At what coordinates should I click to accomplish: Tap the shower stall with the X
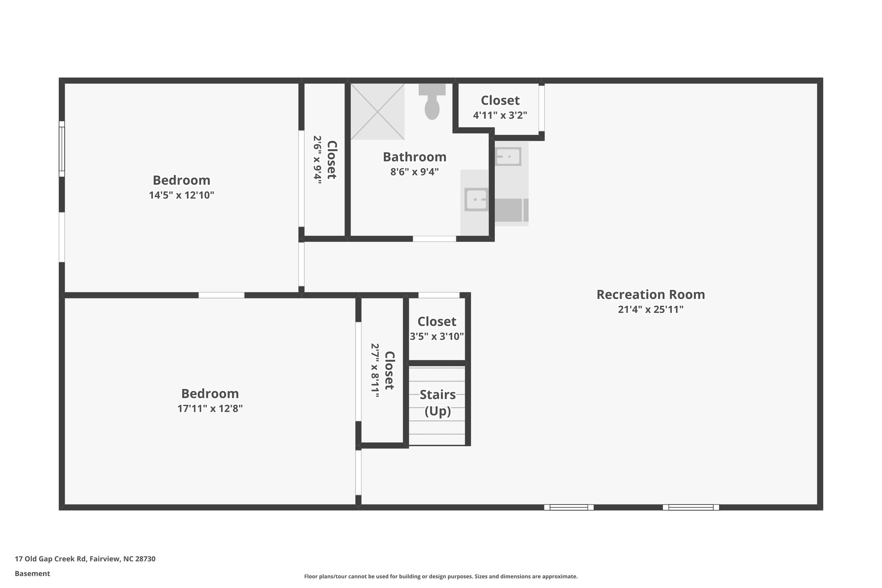coord(377,112)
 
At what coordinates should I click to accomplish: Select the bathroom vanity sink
coord(475,200)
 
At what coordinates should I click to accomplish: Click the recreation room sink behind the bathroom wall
coord(508,156)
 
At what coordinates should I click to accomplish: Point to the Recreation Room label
coord(650,295)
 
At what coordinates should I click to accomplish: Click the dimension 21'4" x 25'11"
coord(650,309)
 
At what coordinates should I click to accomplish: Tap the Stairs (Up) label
coord(438,402)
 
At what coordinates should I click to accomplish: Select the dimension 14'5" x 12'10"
coord(181,195)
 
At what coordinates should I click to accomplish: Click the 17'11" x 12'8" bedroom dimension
coord(210,408)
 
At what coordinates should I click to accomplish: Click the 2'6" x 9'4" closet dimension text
coord(317,160)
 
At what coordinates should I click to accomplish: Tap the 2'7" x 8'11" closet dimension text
coord(375,370)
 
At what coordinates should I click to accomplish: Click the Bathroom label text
coord(414,157)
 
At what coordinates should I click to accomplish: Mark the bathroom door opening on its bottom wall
coord(434,239)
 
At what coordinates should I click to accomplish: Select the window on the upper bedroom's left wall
coord(62,149)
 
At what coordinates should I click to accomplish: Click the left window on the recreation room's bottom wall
coord(568,507)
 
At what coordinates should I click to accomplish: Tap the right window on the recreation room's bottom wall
coord(690,507)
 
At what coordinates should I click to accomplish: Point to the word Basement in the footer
coord(32,573)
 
